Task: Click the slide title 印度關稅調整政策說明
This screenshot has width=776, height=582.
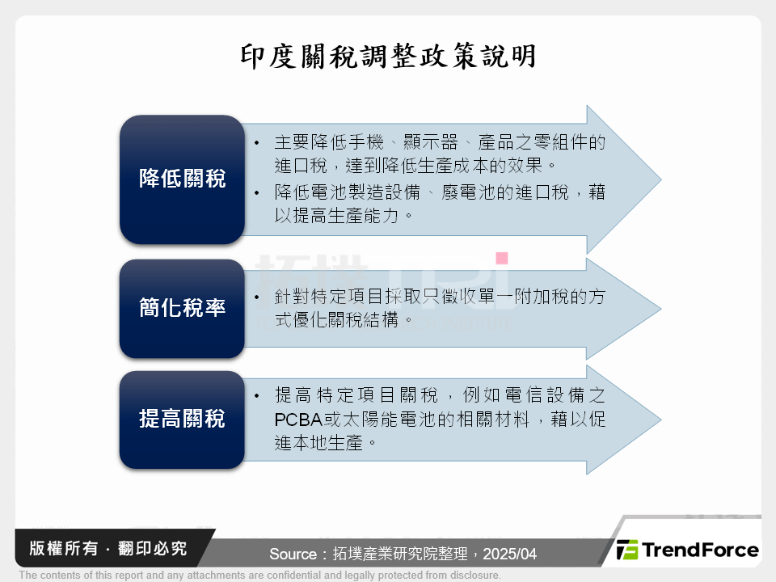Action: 388,57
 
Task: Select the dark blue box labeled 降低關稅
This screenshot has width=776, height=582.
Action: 182,179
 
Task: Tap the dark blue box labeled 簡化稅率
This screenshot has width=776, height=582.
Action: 182,308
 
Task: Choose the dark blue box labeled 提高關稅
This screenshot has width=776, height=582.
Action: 182,419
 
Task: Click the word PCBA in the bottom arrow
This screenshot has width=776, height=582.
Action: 298,420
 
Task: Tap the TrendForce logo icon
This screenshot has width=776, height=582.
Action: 626,550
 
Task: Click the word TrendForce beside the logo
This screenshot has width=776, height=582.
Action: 700,550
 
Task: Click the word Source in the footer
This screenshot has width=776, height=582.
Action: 293,555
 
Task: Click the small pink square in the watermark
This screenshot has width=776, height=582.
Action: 501,258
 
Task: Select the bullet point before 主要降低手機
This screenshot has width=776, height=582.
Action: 256,143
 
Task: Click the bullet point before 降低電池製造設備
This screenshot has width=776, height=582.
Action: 256,193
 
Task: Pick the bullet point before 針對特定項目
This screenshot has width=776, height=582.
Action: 256,297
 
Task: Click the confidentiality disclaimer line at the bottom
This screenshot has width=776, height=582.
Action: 259,576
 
